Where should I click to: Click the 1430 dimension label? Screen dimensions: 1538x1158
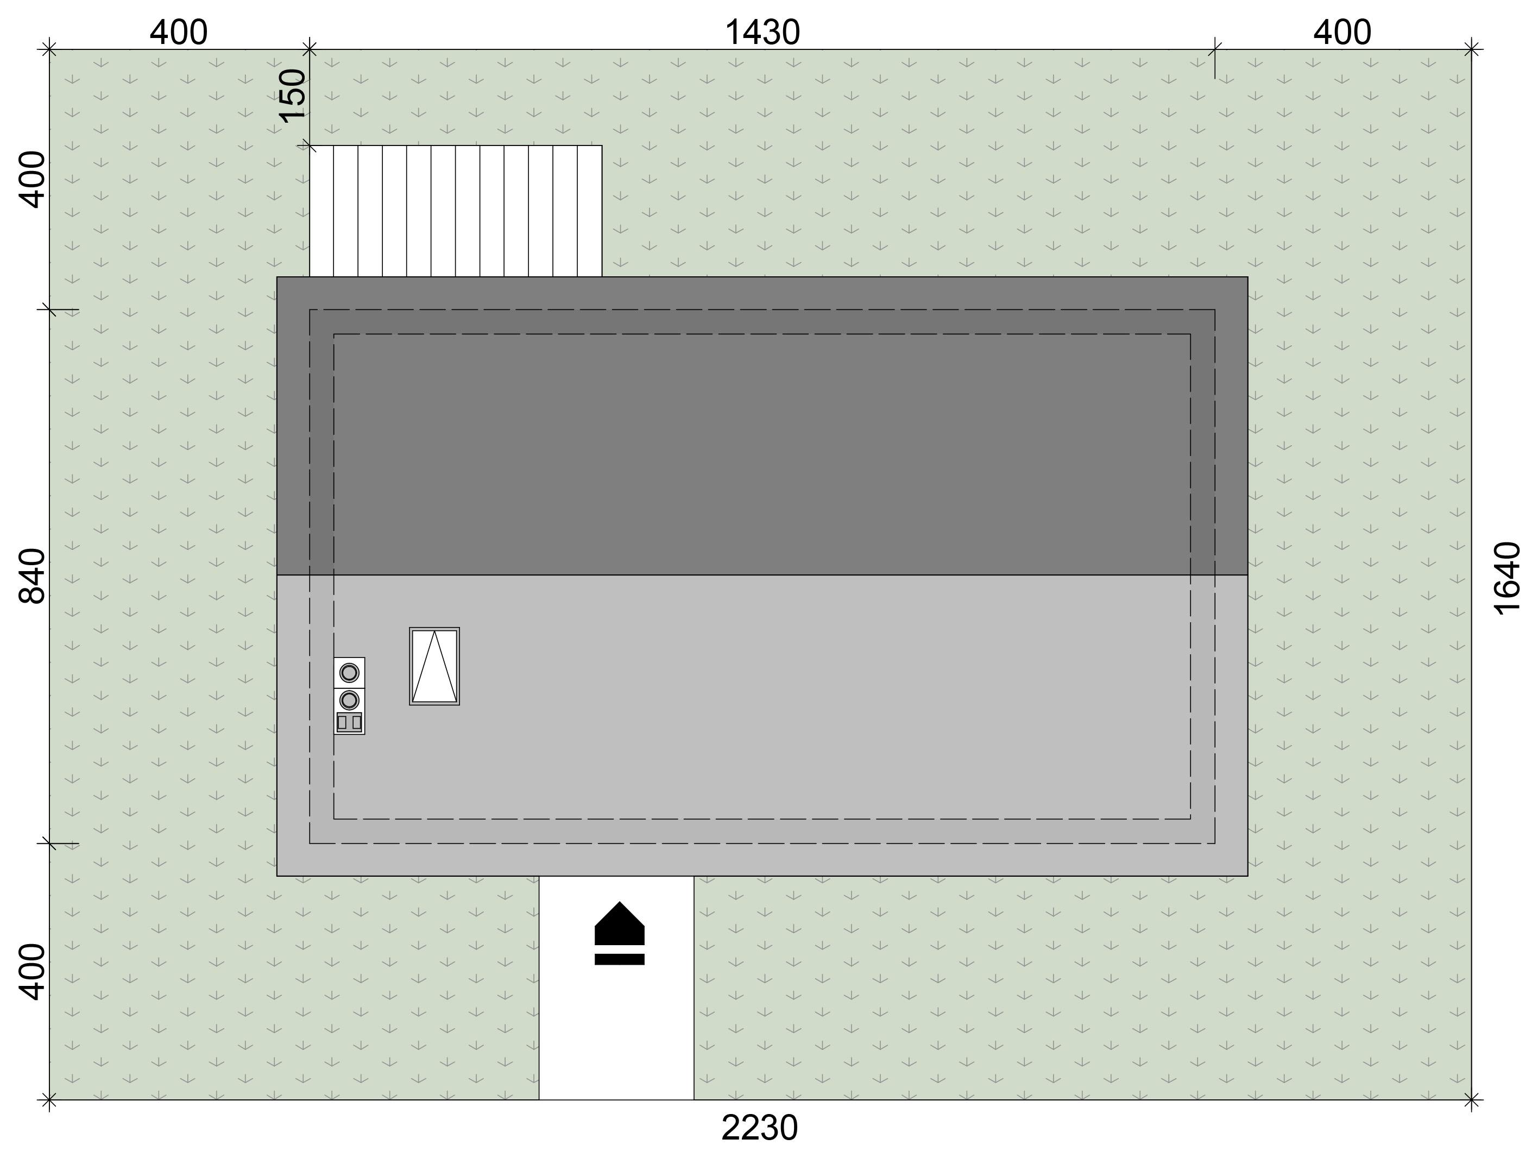point(762,33)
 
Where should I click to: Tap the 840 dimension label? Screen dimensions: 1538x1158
point(31,575)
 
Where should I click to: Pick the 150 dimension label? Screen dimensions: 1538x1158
point(293,95)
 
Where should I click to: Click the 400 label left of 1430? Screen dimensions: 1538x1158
point(179,33)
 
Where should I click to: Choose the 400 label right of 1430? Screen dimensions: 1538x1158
point(1342,33)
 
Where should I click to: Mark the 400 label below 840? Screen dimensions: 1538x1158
point(31,972)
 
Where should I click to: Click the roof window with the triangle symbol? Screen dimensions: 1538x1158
point(434,667)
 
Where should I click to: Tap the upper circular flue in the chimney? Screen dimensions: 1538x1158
point(349,673)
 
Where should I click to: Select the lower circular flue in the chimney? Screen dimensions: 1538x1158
point(349,700)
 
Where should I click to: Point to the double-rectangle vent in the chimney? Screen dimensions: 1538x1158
point(349,722)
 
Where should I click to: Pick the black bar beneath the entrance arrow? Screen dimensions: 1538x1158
point(620,959)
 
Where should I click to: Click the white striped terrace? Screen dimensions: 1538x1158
point(456,211)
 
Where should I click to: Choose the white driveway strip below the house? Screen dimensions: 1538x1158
point(616,988)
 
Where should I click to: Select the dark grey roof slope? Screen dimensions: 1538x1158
point(762,426)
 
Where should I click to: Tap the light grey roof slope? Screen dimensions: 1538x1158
point(762,726)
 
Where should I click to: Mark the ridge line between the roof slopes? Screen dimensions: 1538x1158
point(762,575)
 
